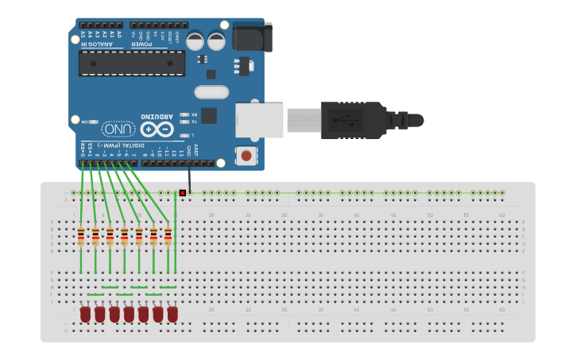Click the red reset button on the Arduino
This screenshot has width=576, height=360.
[246, 156]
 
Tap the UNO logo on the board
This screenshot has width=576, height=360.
[118, 129]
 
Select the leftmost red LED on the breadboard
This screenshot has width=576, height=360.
[85, 315]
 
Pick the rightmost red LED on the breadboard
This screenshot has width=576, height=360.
[172, 315]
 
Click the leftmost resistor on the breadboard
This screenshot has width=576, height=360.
[81, 236]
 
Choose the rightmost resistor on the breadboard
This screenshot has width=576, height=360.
[168, 236]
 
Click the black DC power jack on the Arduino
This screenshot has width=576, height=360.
[253, 37]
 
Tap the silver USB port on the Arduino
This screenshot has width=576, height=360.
[259, 120]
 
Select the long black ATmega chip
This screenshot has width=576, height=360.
[132, 64]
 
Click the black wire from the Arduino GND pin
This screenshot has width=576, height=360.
[189, 176]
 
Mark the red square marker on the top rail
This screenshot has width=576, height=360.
[183, 193]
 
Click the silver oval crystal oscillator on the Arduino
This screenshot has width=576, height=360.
[211, 92]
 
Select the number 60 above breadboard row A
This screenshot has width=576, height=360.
[501, 215]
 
